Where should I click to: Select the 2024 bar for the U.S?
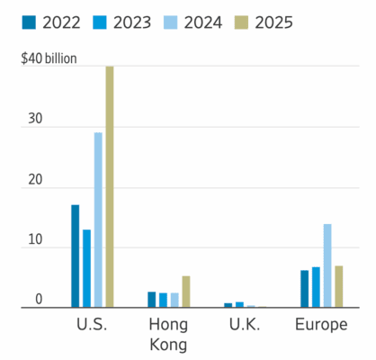pyautogui.click(x=98, y=220)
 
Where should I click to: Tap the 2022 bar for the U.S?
pyautogui.click(x=75, y=256)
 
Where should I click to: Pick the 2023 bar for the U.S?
pyautogui.click(x=86, y=268)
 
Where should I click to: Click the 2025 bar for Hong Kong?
pyautogui.click(x=186, y=292)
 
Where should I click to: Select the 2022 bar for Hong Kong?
pyautogui.click(x=151, y=300)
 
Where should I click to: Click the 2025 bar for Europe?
pyautogui.click(x=339, y=286)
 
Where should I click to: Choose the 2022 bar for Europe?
pyautogui.click(x=304, y=289)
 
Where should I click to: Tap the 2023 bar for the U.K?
pyautogui.click(x=239, y=305)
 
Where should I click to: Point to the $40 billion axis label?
pyautogui.click(x=49, y=60)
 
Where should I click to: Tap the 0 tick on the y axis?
pyautogui.click(x=39, y=299)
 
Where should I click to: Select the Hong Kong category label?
pyautogui.click(x=168, y=334)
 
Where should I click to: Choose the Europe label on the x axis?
pyautogui.click(x=321, y=325)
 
